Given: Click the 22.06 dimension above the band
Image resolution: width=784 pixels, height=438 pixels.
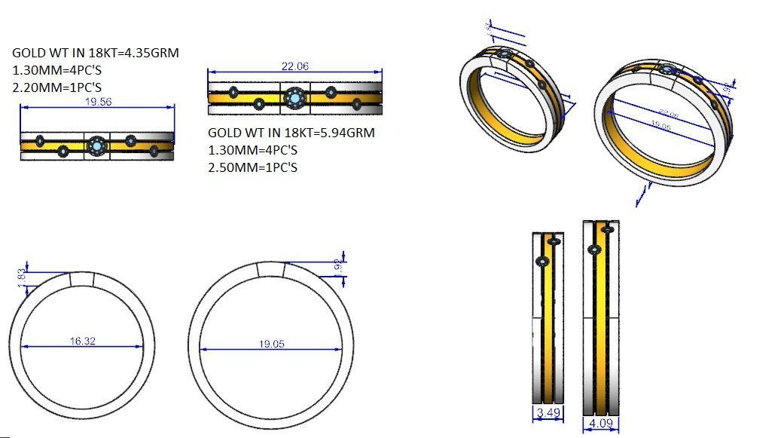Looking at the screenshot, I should coord(294,66).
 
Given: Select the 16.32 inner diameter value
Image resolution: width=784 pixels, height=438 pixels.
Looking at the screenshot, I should coord(83,342).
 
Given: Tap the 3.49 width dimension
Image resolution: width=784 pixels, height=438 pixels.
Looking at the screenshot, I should coord(548,413).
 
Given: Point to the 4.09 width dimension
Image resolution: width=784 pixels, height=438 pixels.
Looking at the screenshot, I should coord(600,424).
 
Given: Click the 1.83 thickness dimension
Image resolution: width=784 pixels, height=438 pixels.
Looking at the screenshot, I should coord(22,275).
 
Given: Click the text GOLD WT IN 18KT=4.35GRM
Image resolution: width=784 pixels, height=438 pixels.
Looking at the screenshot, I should coord(95,53).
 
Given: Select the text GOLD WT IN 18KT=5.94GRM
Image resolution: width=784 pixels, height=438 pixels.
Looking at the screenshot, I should coord(291,133).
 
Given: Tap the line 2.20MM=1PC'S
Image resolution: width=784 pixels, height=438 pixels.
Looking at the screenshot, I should coord(58,87).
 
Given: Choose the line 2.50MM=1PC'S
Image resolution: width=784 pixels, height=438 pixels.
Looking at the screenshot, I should coord(252,167).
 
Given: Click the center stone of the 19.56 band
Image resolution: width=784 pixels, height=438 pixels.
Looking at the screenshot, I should coord(96,145).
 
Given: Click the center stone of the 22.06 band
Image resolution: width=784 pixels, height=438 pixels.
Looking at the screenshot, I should coord(294,98).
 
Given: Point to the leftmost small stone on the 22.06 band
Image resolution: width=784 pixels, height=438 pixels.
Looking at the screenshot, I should coord(233,92).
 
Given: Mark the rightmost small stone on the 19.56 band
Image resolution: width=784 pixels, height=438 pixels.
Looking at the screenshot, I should coord(154,152).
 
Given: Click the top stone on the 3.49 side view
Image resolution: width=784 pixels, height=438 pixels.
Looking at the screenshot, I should coord(554,241).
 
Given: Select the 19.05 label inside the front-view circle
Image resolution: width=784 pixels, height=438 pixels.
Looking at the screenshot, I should coord(271,344).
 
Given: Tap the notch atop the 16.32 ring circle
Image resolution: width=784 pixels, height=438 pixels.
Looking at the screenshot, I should coord(82,280).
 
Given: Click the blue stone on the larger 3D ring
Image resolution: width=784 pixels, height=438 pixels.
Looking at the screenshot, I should coord(667,70).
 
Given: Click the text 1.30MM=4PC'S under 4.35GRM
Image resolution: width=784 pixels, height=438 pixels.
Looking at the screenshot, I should coord(58,70).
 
